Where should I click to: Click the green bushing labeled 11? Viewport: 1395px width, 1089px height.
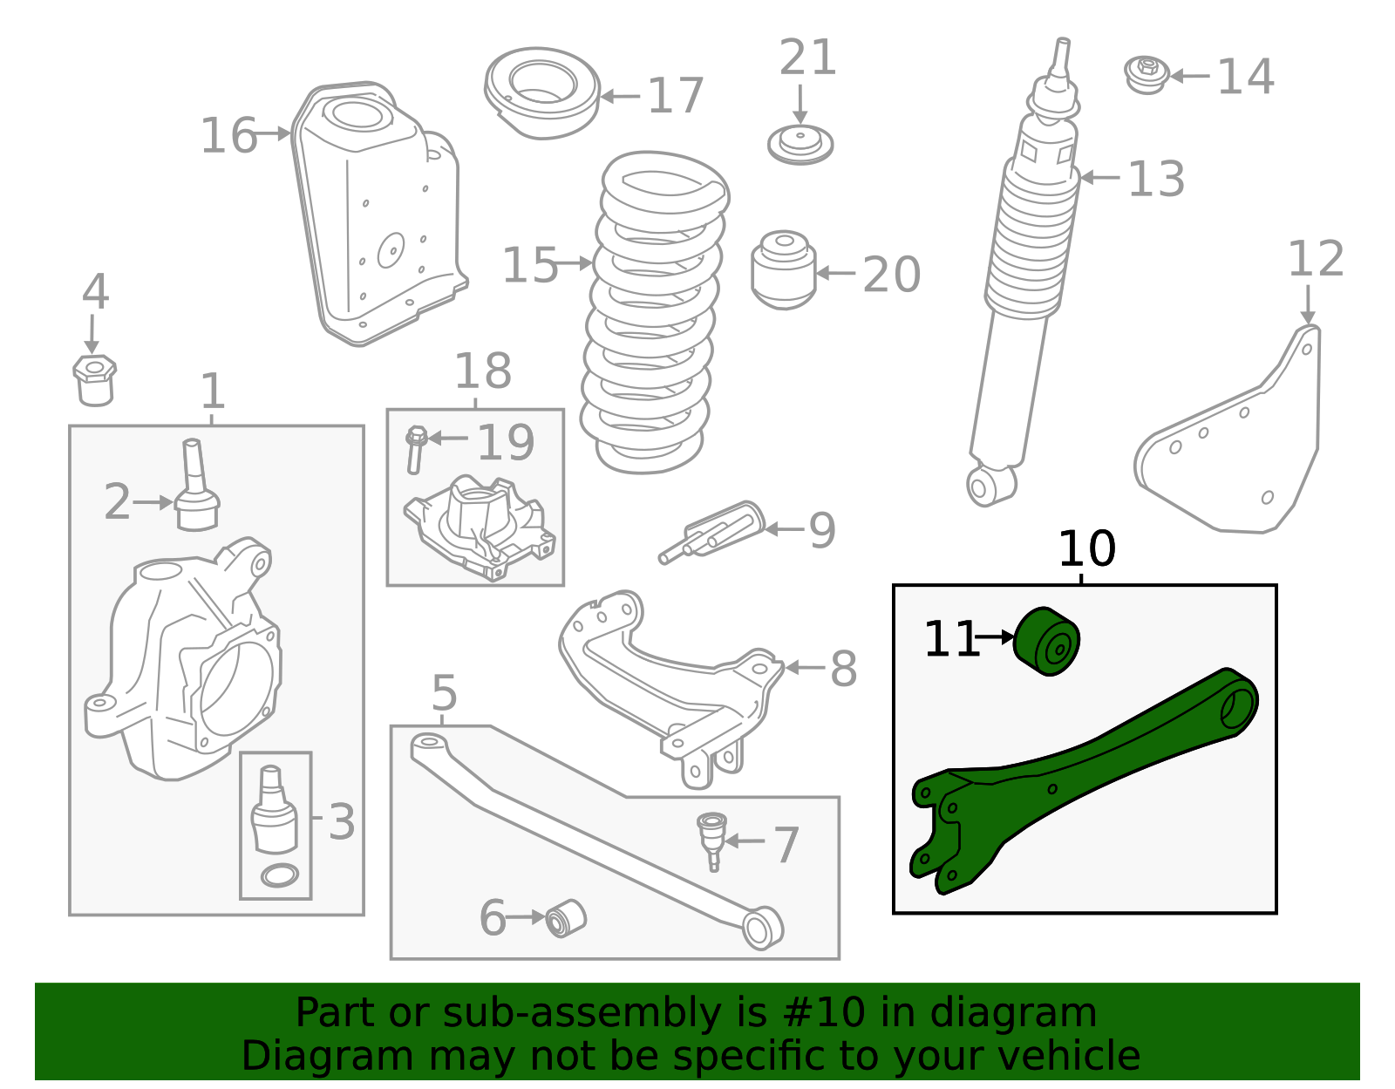point(1048,641)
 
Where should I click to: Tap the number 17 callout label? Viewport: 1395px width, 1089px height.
point(676,96)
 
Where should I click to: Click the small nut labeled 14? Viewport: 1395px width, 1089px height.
point(1147,75)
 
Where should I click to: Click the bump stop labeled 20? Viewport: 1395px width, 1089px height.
point(783,270)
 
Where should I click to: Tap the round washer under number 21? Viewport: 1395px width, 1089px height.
point(800,145)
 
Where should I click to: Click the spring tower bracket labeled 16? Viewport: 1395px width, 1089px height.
point(375,218)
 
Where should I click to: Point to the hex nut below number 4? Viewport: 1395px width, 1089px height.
point(94,380)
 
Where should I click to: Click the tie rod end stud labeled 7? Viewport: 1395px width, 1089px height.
point(712,837)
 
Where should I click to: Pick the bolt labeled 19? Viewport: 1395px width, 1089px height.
point(416,448)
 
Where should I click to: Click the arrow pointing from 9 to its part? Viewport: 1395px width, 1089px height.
point(783,528)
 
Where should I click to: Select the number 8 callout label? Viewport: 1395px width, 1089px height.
point(843,670)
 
